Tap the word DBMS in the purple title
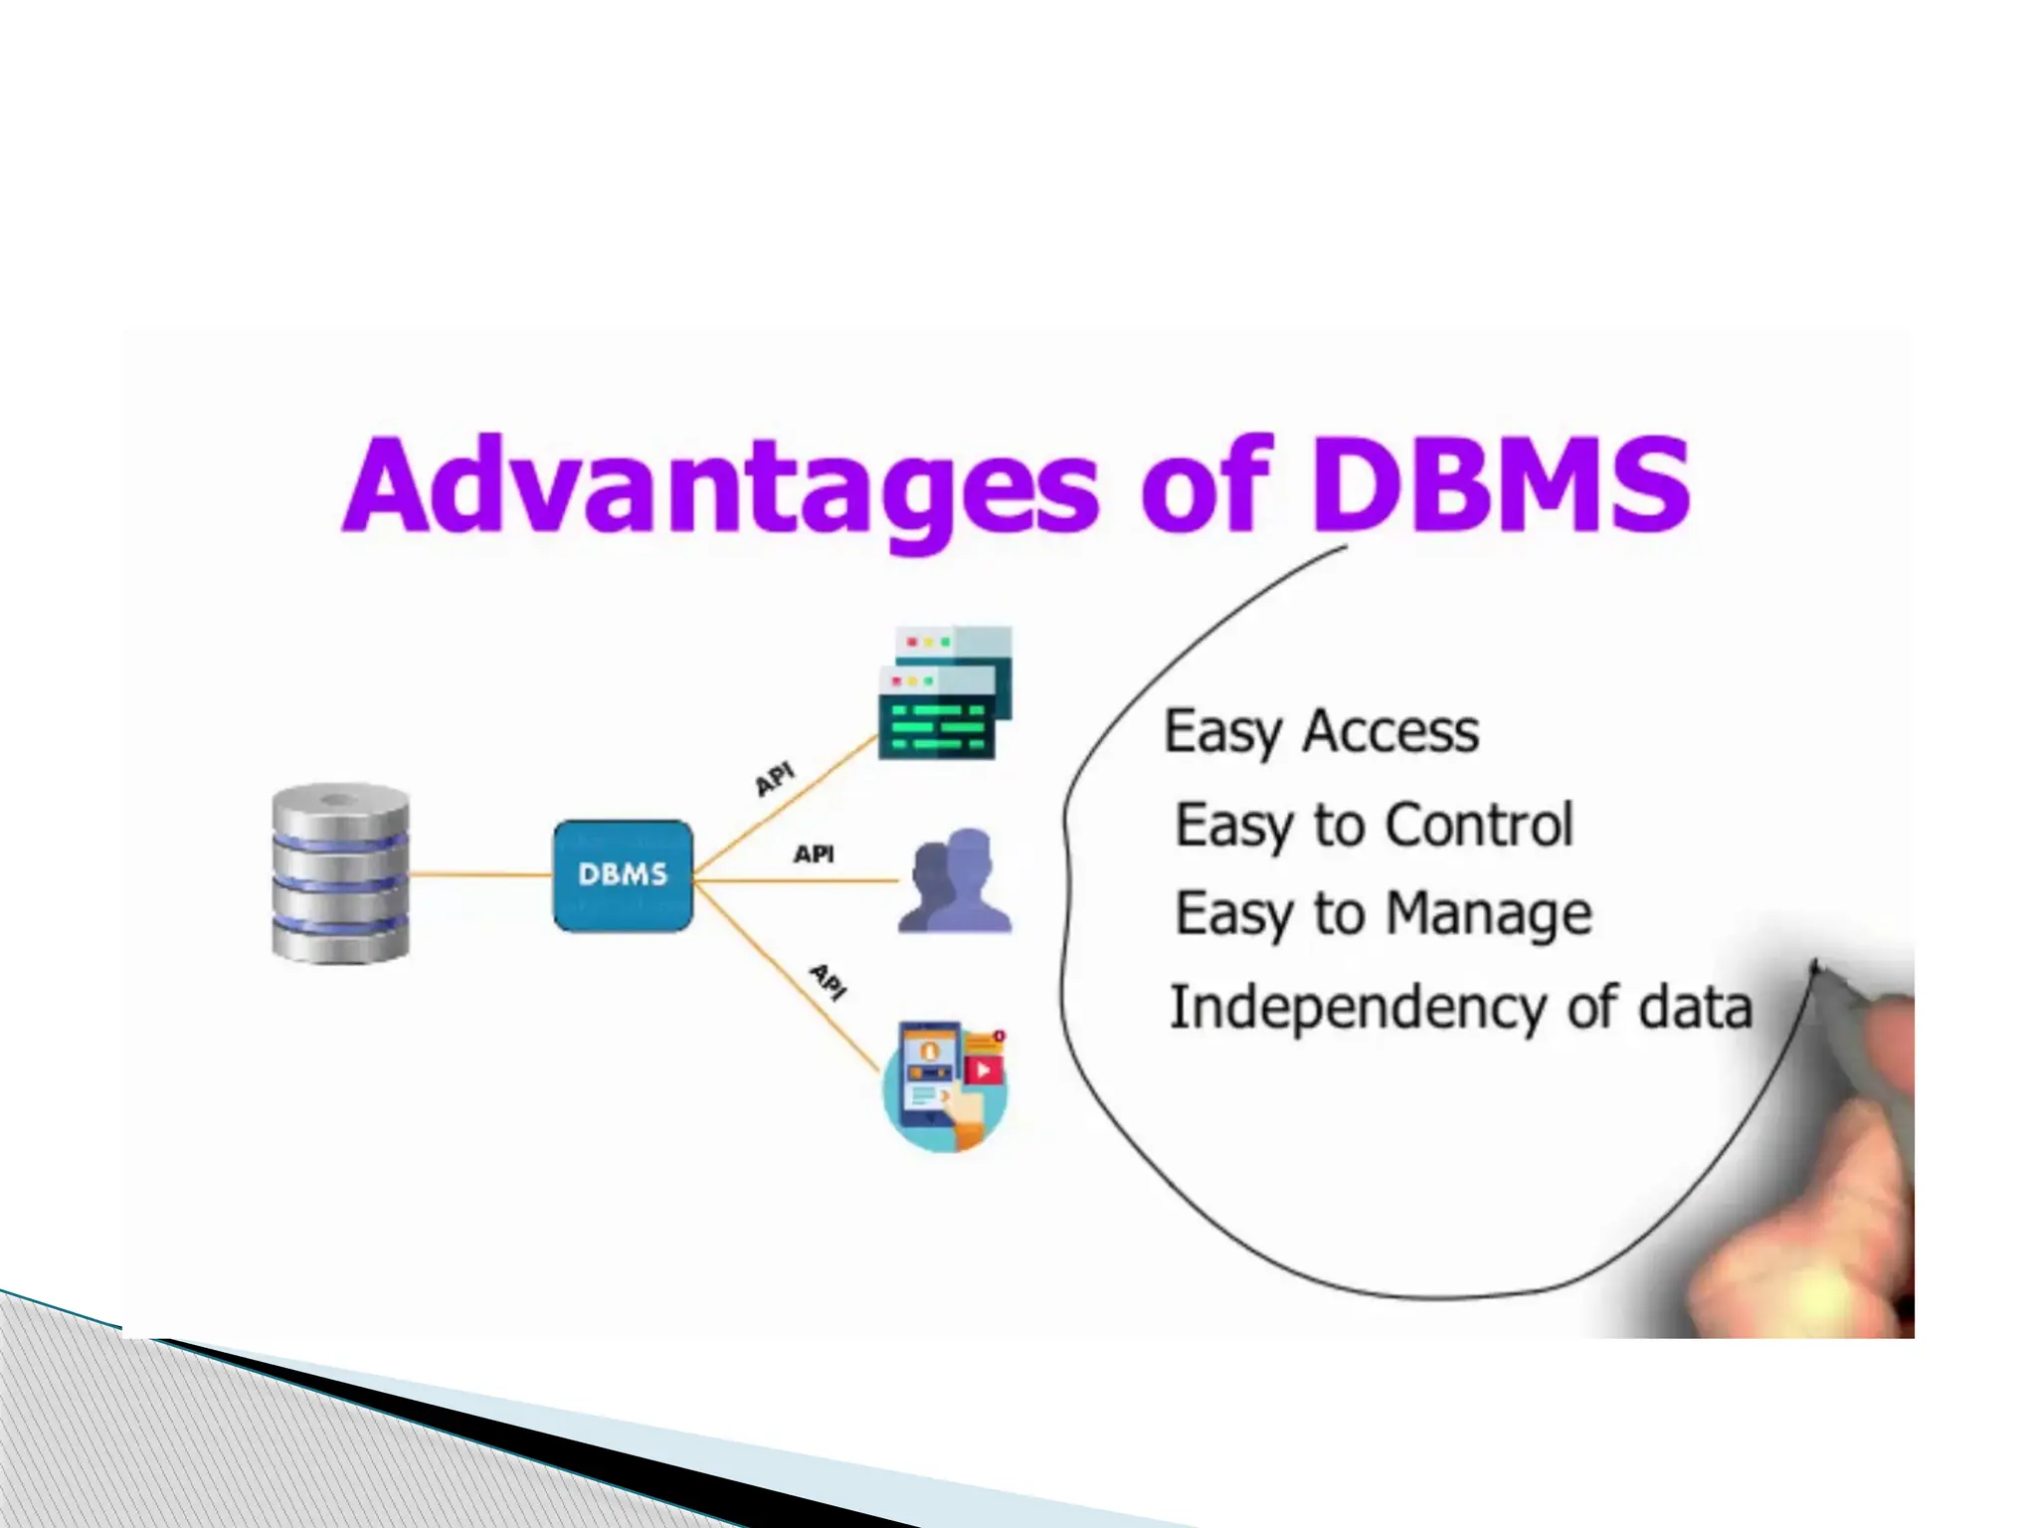(1500, 484)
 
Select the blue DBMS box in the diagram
(623, 875)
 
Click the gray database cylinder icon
(340, 873)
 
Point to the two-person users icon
(955, 882)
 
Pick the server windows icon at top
(944, 692)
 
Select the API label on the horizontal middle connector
(814, 854)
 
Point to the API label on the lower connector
(828, 981)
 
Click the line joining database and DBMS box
(480, 874)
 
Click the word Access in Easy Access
(1390, 731)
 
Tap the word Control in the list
(1478, 825)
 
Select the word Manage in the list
(1488, 914)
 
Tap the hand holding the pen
(1830, 1174)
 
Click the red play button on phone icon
(984, 1069)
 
